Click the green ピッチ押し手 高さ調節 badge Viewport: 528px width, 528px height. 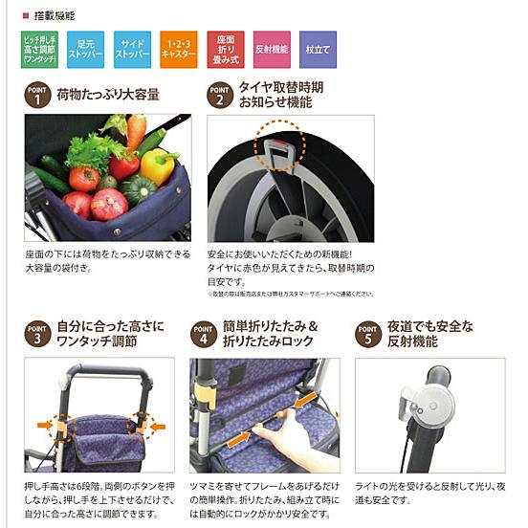[39, 49]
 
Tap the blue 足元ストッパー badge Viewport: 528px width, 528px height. [86, 49]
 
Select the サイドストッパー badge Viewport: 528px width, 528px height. [132, 49]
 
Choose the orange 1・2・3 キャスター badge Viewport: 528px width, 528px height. [179, 49]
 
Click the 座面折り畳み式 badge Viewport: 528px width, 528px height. [226, 49]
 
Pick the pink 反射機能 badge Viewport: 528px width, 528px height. [272, 49]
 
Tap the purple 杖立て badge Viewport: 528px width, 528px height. [318, 49]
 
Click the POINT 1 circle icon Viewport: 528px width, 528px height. [37, 97]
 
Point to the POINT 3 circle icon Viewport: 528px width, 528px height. [37, 335]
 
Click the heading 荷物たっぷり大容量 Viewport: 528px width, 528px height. [107, 96]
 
